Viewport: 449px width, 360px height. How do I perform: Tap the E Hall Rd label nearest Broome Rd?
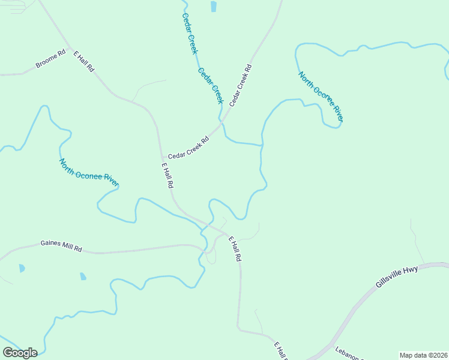84,62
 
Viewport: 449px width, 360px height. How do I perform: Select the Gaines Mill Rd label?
61,246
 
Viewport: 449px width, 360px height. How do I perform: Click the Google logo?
20,353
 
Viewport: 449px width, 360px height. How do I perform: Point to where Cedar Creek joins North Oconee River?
262,145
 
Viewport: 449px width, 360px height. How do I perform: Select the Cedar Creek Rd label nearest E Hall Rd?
188,148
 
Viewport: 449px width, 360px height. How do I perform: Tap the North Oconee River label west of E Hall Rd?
89,172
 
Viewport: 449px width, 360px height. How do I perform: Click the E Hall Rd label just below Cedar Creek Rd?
167,176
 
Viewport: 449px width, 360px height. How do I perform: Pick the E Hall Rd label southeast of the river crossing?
234,248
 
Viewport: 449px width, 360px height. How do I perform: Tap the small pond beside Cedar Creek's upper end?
214,6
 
